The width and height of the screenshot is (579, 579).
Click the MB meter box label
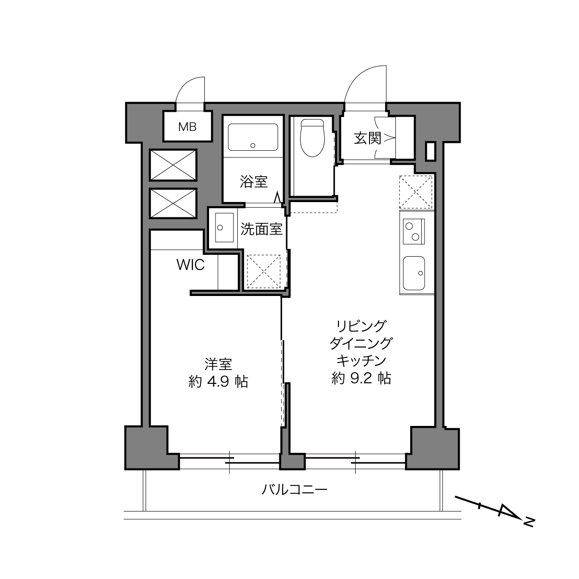pyautogui.click(x=187, y=127)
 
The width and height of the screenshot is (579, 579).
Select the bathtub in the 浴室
pyautogui.click(x=253, y=136)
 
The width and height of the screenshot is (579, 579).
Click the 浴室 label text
pyautogui.click(x=253, y=182)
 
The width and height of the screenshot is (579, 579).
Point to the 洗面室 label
pyautogui.click(x=261, y=228)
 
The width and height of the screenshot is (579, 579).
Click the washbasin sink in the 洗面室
pyautogui.click(x=223, y=228)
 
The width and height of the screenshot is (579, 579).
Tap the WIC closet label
pyautogui.click(x=190, y=265)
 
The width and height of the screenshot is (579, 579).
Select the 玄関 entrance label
pyautogui.click(x=367, y=138)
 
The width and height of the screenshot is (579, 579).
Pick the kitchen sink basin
pyautogui.click(x=414, y=272)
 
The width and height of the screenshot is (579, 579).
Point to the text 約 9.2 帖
pyautogui.click(x=361, y=379)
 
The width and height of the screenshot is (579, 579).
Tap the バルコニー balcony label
pyautogui.click(x=295, y=489)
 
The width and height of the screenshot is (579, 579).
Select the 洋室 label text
pyautogui.click(x=218, y=364)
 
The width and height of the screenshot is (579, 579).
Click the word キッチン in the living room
pyautogui.click(x=361, y=361)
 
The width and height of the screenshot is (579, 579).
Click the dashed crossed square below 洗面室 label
pyautogui.click(x=264, y=271)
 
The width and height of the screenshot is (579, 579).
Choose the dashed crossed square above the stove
pyautogui.click(x=416, y=192)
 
